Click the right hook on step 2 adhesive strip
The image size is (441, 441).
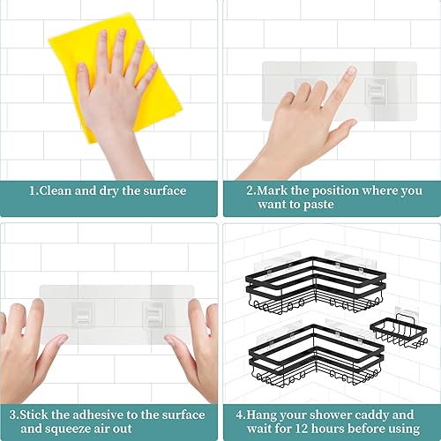click(x=375, y=88)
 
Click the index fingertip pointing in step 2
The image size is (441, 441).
click(x=350, y=73)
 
